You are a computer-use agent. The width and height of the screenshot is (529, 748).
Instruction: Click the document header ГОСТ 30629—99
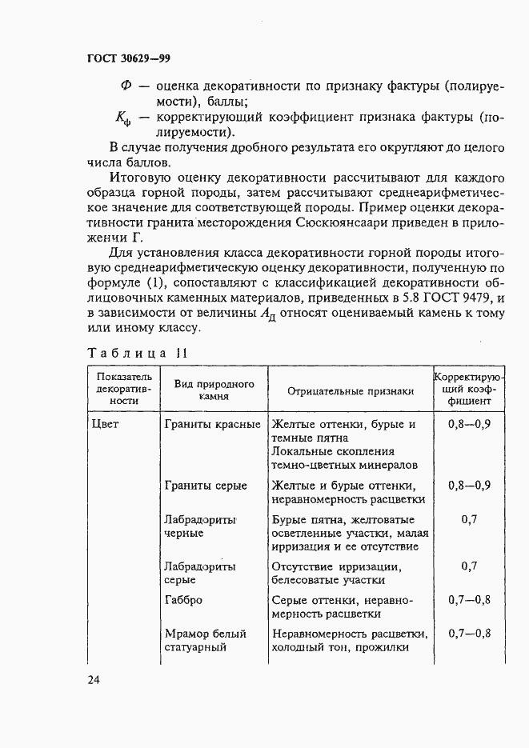point(128,59)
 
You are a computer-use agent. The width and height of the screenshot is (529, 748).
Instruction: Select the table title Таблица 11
point(137,353)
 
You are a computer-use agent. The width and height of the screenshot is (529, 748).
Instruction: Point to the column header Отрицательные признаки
point(351,390)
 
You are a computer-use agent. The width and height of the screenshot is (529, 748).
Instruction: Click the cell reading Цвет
point(106,424)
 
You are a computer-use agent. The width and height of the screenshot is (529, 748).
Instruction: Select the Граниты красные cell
point(212,424)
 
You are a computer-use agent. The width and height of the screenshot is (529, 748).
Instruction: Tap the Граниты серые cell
point(206,486)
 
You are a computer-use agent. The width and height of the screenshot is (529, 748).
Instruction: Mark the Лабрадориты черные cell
point(200,526)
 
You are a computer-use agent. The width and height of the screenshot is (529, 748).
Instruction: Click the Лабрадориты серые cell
point(200,573)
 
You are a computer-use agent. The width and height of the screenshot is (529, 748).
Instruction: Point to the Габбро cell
point(183,599)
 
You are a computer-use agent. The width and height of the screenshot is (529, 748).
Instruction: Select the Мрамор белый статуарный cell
point(205,640)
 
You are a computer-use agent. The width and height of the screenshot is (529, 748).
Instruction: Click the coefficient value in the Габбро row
point(469,599)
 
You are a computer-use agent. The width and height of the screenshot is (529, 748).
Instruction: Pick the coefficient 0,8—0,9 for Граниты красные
point(469,424)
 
